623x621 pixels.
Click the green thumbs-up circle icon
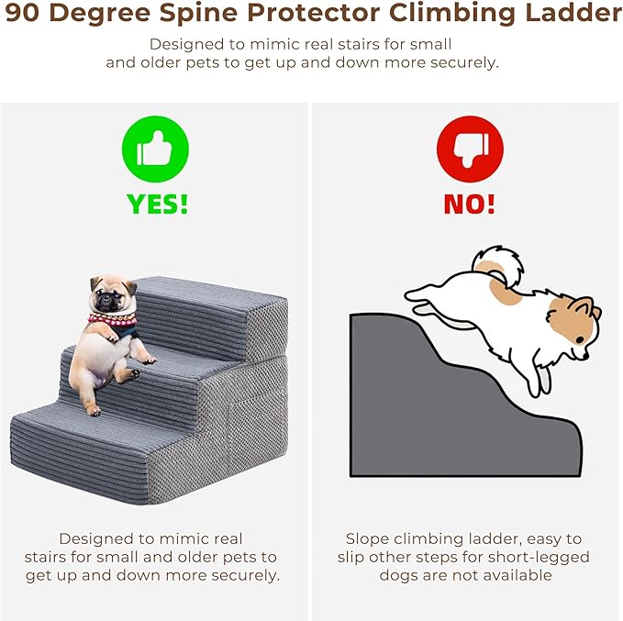click(155, 149)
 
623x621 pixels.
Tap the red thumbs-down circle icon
click(470, 149)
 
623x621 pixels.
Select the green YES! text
click(157, 205)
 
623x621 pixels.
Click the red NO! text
click(469, 205)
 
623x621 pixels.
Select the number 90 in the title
click(23, 13)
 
